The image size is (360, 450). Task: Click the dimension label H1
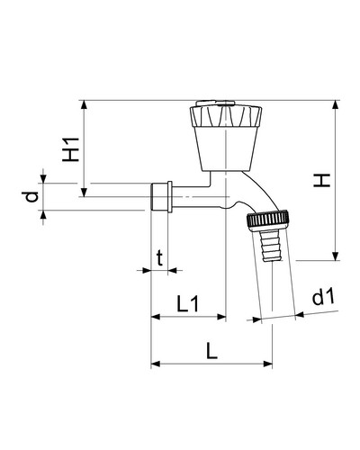pos(71,149)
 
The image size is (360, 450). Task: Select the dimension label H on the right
pos(321,180)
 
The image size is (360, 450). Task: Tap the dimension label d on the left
pos(31,196)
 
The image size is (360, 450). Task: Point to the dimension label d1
pos(323,297)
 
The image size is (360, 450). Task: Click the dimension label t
pos(160,258)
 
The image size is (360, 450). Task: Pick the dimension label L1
pos(187,303)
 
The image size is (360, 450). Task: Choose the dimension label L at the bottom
pos(211,351)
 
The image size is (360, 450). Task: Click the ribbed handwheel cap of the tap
pos(226,116)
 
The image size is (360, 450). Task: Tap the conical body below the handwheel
pos(226,148)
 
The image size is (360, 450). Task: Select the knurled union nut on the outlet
pos(268,220)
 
